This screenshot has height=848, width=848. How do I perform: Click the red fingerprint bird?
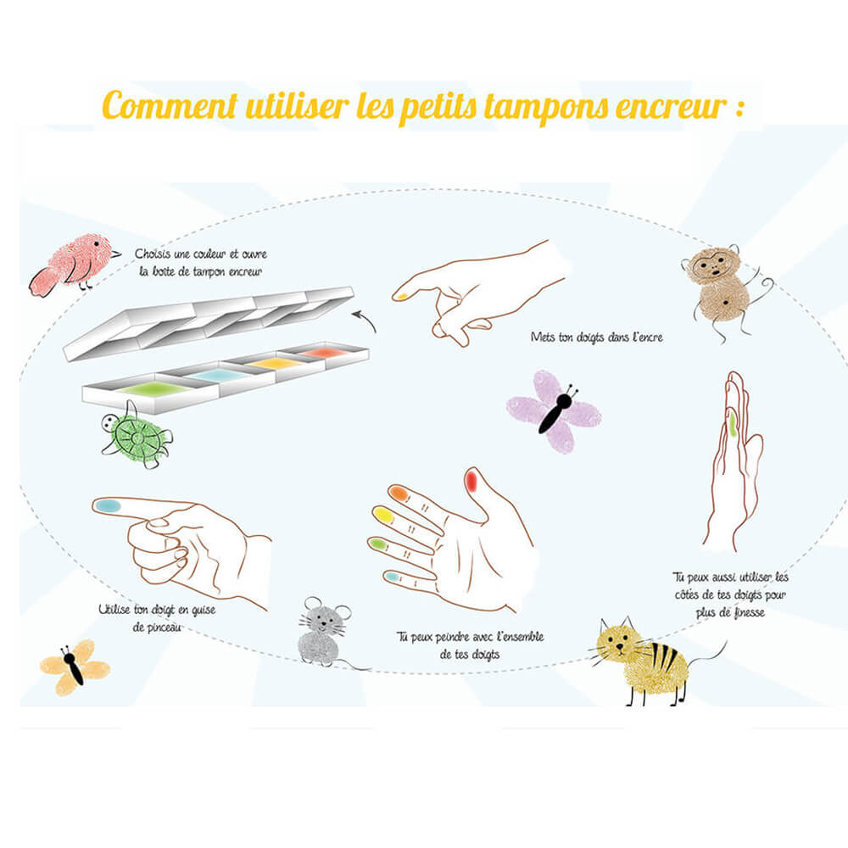click(73, 265)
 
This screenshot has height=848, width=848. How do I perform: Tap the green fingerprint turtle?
click(137, 435)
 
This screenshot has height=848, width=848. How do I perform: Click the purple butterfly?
click(555, 411)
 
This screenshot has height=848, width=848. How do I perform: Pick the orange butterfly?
click(75, 667)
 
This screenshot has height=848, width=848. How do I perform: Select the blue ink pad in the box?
click(218, 375)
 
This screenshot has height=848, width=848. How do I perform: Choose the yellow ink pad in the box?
click(277, 363)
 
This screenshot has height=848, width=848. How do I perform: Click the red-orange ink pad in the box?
click(323, 353)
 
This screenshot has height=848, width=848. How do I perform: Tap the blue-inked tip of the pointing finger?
click(108, 506)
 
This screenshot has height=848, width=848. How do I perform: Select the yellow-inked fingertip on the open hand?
click(383, 515)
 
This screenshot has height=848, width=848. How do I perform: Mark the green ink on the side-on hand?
click(732, 423)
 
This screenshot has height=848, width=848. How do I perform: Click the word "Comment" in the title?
click(170, 105)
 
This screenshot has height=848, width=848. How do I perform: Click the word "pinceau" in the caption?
click(158, 628)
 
